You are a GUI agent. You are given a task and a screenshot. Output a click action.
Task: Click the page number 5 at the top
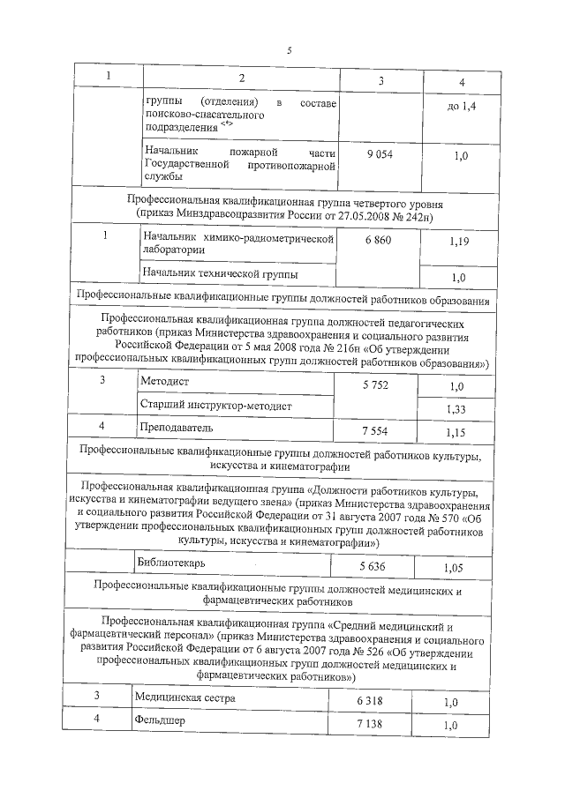pos(289,49)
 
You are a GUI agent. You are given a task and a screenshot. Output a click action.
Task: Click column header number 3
pos(380,81)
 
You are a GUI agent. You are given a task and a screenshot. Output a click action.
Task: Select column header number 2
pos(239,79)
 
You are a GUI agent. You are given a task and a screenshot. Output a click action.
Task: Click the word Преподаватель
pos(177,428)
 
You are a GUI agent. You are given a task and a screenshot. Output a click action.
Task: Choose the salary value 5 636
pos(374,565)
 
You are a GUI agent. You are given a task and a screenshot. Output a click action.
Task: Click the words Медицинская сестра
pos(185,697)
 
